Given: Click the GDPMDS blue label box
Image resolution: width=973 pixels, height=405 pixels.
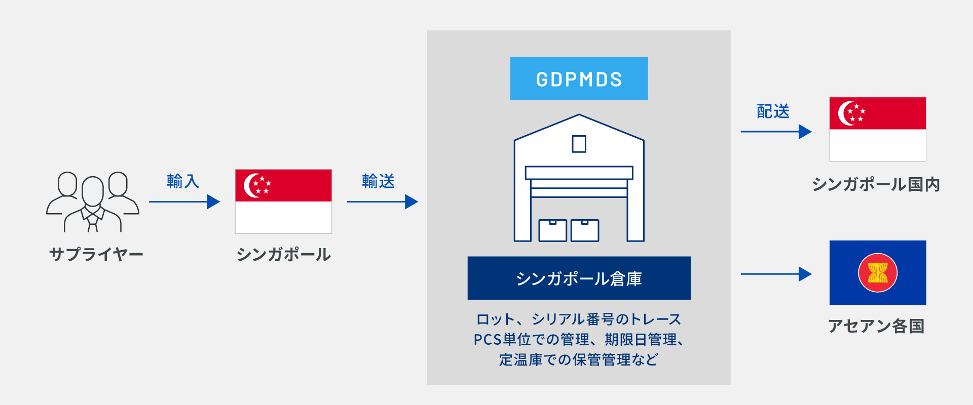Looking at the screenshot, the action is pyautogui.click(x=579, y=78).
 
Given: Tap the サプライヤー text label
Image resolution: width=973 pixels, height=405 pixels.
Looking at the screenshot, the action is pyautogui.click(x=96, y=254).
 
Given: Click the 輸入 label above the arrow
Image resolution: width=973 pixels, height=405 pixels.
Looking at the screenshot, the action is pyautogui.click(x=183, y=181).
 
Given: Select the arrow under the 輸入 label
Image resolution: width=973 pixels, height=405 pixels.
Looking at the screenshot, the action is pyautogui.click(x=184, y=201).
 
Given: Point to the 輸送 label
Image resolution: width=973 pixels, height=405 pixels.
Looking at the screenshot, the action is pyautogui.click(x=378, y=181).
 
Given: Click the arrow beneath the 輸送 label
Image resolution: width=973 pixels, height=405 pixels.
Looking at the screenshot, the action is pyautogui.click(x=383, y=201).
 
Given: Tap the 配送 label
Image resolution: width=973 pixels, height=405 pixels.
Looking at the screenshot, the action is pyautogui.click(x=773, y=111).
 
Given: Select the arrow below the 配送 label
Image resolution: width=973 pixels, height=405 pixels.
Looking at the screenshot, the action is pyautogui.click(x=776, y=132).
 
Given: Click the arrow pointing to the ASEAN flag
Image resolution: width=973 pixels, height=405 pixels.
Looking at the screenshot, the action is pyautogui.click(x=776, y=274).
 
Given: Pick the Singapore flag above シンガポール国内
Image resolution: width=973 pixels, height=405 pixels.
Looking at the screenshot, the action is pyautogui.click(x=878, y=129).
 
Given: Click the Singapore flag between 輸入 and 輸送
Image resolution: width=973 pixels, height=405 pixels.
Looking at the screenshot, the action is pyautogui.click(x=283, y=201).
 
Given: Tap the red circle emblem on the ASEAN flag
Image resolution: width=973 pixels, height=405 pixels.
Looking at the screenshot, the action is pyautogui.click(x=878, y=272).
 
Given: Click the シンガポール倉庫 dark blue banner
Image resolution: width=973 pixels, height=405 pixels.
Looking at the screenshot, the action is pyautogui.click(x=579, y=278).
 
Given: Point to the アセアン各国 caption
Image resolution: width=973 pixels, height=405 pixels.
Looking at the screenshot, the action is pyautogui.click(x=877, y=326).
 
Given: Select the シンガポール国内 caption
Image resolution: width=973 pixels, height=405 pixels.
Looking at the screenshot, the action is pyautogui.click(x=876, y=184).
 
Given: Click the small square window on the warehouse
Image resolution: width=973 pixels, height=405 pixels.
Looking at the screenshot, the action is pyautogui.click(x=579, y=144).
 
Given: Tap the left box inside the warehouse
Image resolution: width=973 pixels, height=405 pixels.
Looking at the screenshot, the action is pyautogui.click(x=552, y=230).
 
